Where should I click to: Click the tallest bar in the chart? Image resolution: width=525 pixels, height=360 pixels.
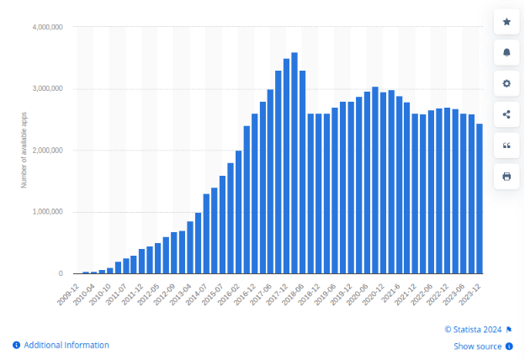pos(294,163)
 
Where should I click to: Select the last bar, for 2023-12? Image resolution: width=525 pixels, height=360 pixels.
pos(480,199)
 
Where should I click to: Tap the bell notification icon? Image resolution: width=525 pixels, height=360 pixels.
pos(506,53)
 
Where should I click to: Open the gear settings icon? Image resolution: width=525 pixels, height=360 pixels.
pos(506,84)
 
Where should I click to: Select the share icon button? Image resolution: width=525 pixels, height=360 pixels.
pos(506,114)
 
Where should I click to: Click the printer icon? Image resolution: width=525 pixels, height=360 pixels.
pos(506,176)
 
